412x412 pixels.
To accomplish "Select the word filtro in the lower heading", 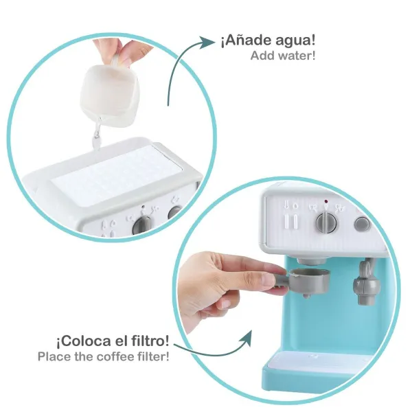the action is tap(150, 341).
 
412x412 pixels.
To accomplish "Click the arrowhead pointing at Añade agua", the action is tap(207, 43).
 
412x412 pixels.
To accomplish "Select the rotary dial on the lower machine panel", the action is tap(326, 222).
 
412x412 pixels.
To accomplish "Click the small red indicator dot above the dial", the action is tap(325, 201).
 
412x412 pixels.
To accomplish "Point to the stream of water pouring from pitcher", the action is tap(97, 135).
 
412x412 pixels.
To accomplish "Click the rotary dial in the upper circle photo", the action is tap(143, 225).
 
